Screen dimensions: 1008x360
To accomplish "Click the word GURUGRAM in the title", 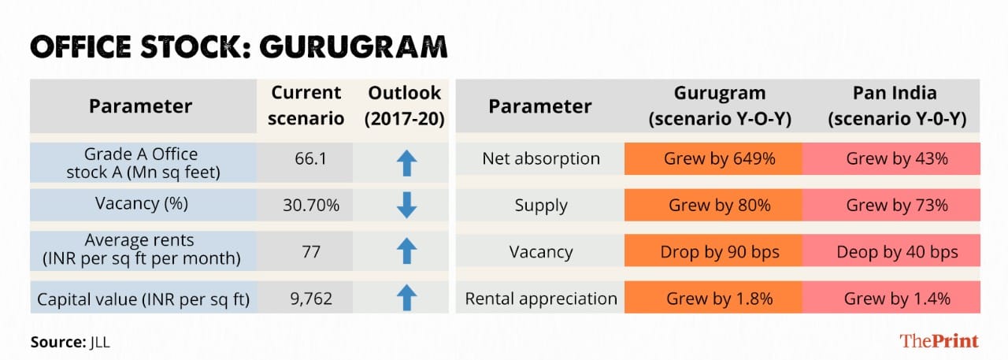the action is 354,47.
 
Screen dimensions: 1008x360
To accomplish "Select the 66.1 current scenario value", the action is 310,159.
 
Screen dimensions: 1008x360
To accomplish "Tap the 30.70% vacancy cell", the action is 311,205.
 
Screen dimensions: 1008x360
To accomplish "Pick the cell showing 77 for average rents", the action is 311,251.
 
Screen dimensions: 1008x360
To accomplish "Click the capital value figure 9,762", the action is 311,299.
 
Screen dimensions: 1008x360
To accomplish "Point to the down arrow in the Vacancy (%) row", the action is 407,205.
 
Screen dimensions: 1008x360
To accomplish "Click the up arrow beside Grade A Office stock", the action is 407,162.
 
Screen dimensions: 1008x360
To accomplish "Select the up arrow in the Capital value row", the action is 407,298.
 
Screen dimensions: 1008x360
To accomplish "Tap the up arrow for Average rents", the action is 407,251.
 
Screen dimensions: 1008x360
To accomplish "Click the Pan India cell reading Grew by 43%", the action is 891,158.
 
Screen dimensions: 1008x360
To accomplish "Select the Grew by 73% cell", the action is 891,205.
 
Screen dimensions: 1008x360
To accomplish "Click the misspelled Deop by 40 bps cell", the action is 891,251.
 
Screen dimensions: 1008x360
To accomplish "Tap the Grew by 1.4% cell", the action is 891,298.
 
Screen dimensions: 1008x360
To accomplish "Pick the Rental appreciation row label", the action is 541,299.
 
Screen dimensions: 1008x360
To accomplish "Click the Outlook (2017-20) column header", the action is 405,106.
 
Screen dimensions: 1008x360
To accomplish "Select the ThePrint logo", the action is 939,340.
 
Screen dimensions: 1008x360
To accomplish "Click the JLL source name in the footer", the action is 99,343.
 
